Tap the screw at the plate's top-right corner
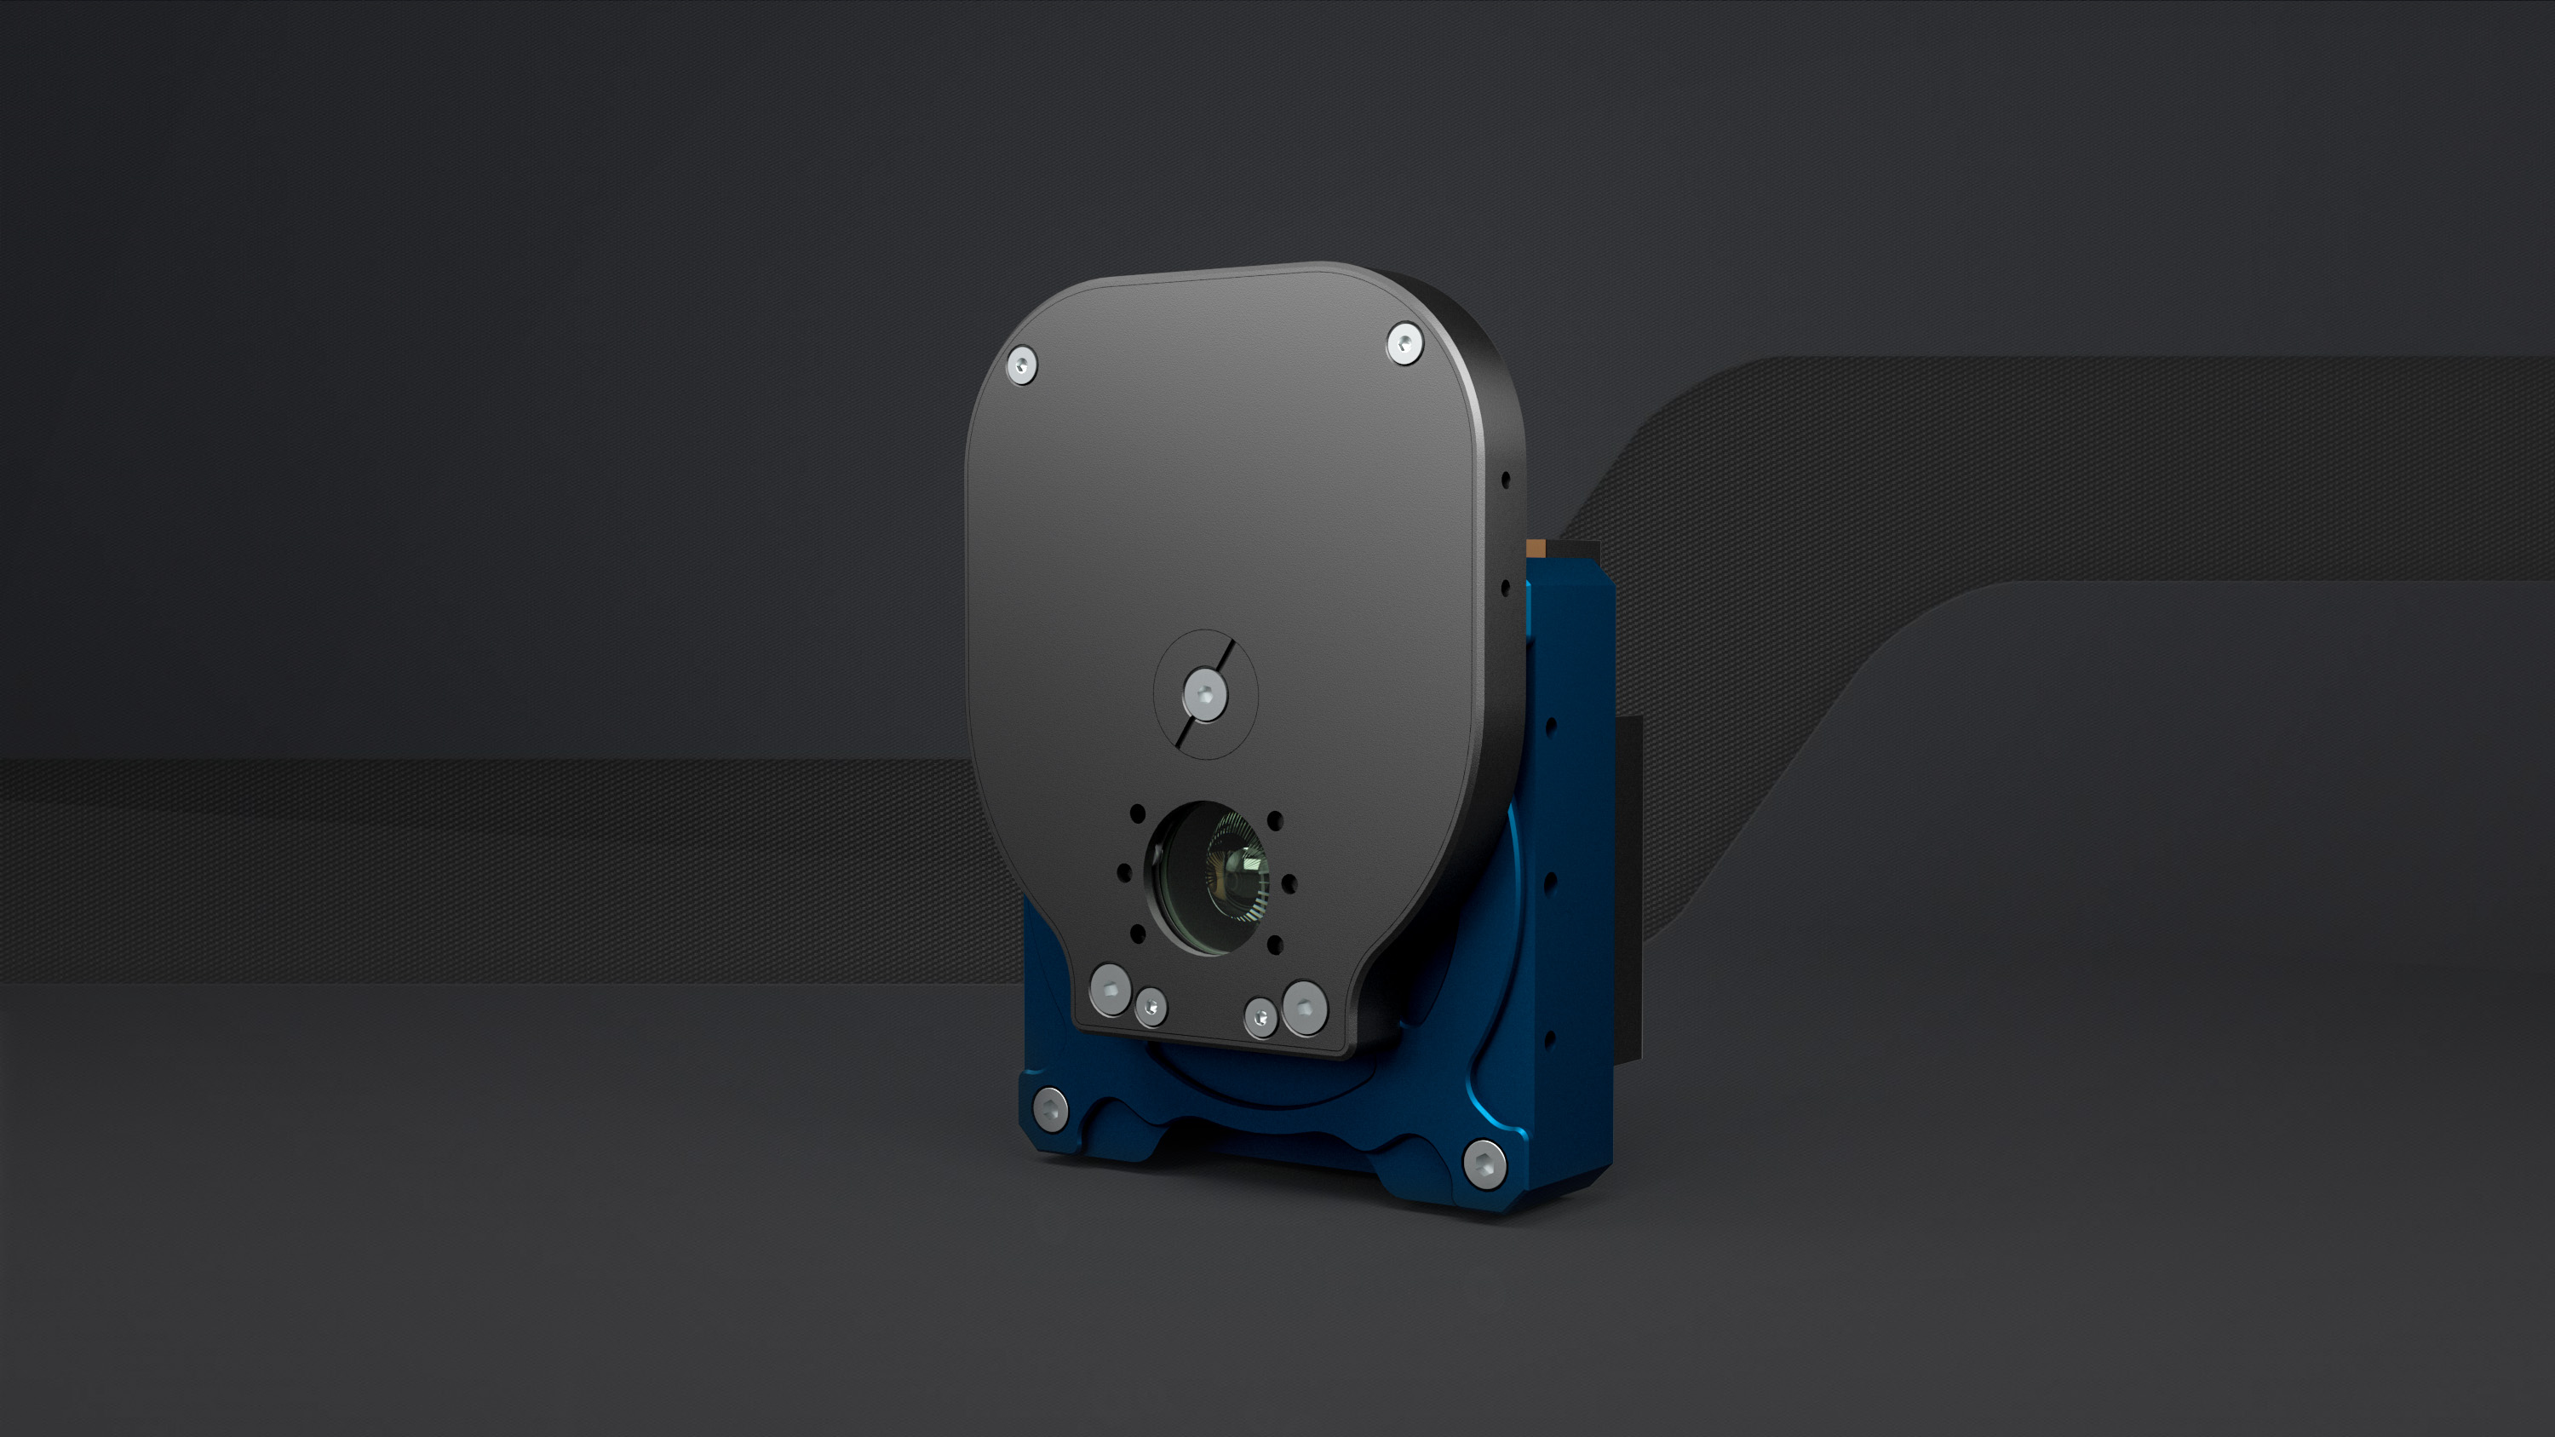pos(1404,344)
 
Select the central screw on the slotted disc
pos(1205,693)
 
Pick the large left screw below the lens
pos(1110,989)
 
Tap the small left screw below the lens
pos(1151,1007)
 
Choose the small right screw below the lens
pos(1260,1018)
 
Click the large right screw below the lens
pos(1304,1008)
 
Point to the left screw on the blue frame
pos(1049,1107)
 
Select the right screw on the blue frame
pos(1484,1164)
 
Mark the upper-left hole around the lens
pos(1138,814)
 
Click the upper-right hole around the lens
pos(1276,820)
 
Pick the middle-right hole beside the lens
pos(1289,882)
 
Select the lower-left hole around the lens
pos(1138,932)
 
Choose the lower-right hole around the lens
pos(1276,944)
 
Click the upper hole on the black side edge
pos(1506,480)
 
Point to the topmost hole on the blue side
pos(1550,726)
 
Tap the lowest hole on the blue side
pos(1550,1038)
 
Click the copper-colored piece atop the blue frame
pos(1536,548)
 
